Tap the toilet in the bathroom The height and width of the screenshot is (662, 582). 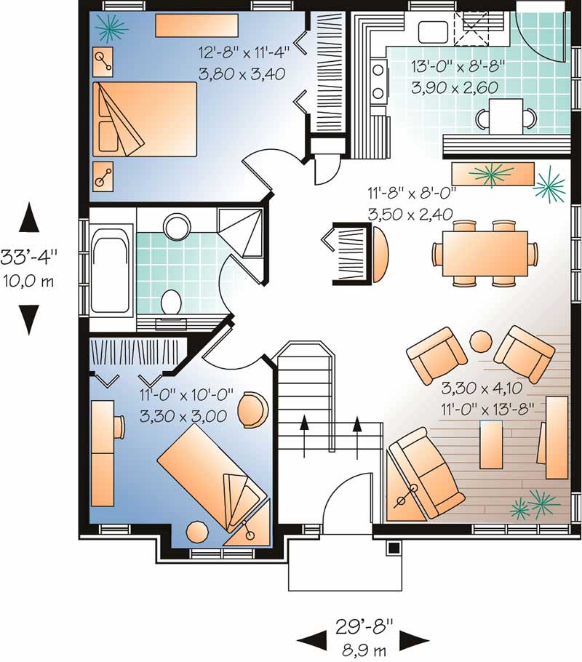(x=171, y=302)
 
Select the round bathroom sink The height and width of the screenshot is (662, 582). (x=177, y=227)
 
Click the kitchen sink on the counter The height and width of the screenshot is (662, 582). (x=433, y=32)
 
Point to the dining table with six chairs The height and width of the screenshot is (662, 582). (x=485, y=253)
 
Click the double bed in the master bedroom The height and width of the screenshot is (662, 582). (x=145, y=119)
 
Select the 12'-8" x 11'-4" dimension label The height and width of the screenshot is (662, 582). (x=244, y=53)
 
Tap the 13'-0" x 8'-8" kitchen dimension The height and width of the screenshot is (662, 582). (x=458, y=67)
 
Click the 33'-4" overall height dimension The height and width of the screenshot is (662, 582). (x=28, y=258)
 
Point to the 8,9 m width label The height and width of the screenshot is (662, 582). (x=364, y=650)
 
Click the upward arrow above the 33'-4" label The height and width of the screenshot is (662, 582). (x=29, y=217)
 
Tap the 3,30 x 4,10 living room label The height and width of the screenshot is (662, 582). (x=482, y=387)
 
